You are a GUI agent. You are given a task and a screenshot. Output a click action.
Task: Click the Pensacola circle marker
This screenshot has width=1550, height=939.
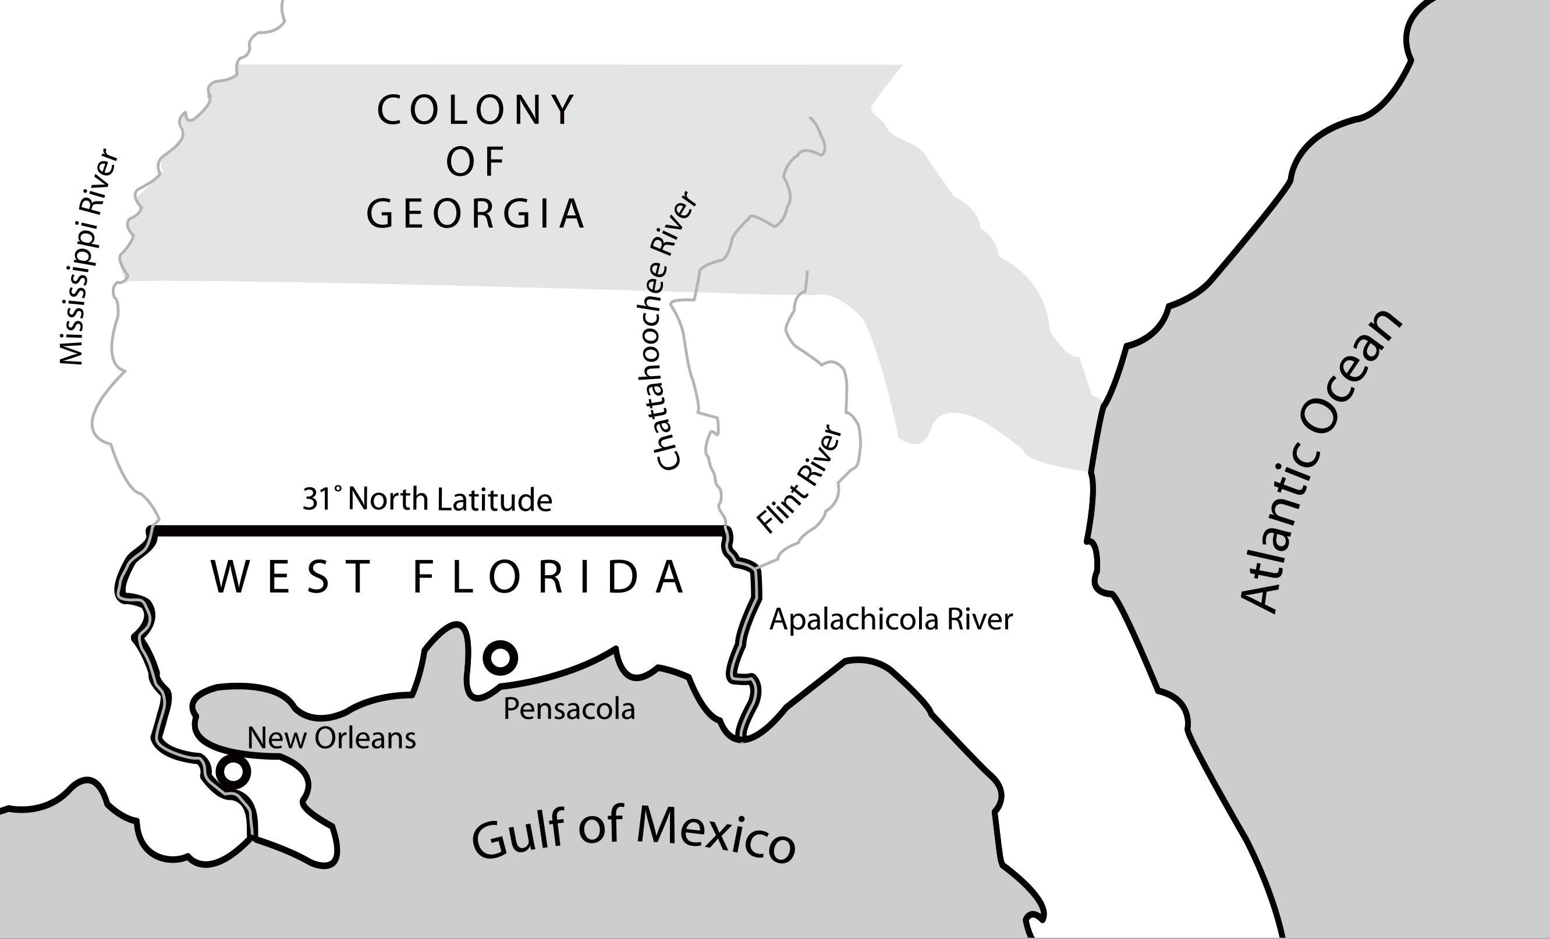pos(500,658)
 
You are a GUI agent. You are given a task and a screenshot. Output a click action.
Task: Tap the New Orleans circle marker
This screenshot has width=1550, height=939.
pos(233,770)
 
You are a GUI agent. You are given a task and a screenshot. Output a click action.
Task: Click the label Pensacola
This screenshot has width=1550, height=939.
pos(569,709)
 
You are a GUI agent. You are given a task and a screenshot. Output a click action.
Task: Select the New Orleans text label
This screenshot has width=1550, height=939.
pos(332,738)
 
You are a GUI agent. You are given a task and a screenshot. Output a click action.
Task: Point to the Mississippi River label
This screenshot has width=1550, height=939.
pos(87,257)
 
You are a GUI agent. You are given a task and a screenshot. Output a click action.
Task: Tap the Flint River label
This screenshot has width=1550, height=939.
pos(799,479)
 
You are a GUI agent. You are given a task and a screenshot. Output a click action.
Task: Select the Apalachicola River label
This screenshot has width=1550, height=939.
pos(891,619)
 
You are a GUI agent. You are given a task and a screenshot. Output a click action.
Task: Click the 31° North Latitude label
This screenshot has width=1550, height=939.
pos(427,499)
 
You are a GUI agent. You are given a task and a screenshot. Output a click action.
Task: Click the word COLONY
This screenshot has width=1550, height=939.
pos(476,109)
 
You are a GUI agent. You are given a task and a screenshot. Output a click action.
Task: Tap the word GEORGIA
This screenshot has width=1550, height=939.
pos(476,213)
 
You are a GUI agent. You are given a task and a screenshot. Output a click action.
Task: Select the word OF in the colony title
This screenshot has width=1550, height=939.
pos(476,162)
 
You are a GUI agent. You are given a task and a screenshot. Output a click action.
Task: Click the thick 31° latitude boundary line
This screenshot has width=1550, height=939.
pos(441,531)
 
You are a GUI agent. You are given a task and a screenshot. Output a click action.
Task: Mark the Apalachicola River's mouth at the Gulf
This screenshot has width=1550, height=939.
pos(742,739)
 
